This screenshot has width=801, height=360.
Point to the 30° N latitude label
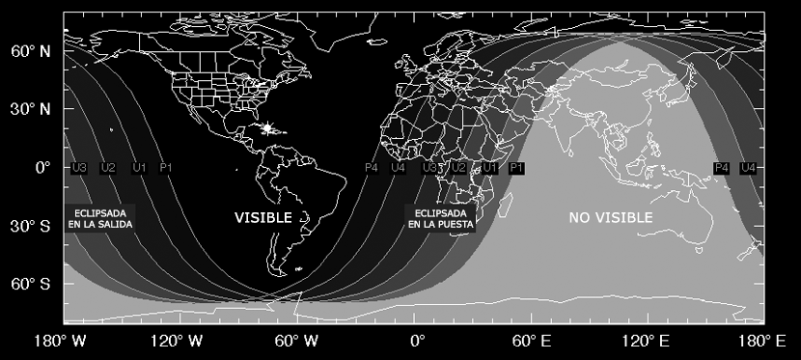[x=30, y=109]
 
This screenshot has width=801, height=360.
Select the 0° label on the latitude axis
[x=41, y=167]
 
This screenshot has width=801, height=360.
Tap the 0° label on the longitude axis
[x=417, y=341]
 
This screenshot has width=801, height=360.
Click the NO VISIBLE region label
[x=609, y=218]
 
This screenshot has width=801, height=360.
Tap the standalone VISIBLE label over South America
[x=262, y=218]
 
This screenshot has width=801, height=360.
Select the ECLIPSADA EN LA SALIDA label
[x=100, y=218]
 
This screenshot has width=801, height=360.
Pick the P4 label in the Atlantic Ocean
[x=372, y=168]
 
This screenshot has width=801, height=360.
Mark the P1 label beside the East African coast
[x=516, y=168]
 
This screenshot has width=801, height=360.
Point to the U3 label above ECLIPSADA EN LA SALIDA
[x=80, y=168]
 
